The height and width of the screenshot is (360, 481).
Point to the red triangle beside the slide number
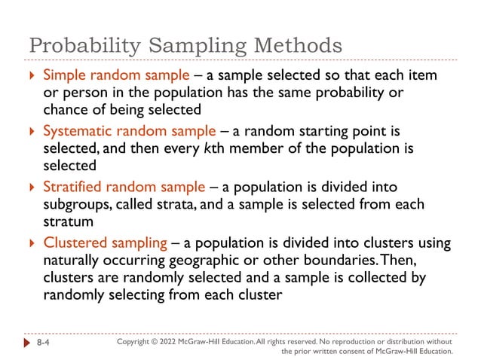pos(26,343)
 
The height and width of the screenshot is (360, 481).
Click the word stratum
pos(67,221)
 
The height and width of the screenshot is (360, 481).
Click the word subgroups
pos(75,204)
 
